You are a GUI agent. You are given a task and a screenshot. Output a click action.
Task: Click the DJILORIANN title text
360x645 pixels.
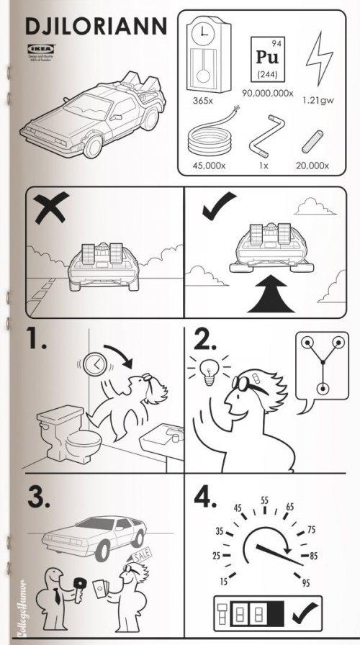[x=94, y=27]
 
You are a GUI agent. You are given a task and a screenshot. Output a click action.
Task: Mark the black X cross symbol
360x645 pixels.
[x=45, y=210]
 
